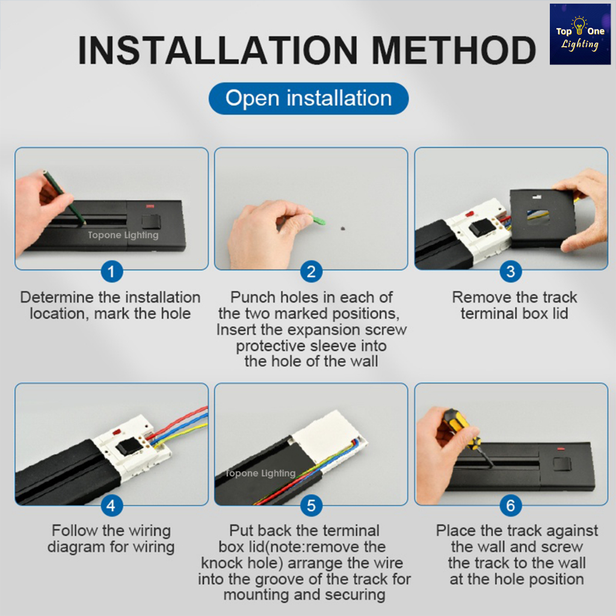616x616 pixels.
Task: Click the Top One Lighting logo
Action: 580,34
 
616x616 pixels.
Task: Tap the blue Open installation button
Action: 309,98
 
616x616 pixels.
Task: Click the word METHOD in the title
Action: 454,51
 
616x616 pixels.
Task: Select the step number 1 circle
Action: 111,271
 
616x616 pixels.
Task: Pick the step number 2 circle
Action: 311,271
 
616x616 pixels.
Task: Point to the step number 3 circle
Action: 511,271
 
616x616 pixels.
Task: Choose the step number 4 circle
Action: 111,505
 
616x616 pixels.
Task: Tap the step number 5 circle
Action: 311,505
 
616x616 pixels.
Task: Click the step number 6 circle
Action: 511,505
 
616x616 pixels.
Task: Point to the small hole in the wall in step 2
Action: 342,228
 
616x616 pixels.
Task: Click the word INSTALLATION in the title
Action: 218,51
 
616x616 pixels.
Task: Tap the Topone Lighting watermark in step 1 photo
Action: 123,235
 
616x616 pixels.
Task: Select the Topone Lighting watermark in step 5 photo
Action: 260,473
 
